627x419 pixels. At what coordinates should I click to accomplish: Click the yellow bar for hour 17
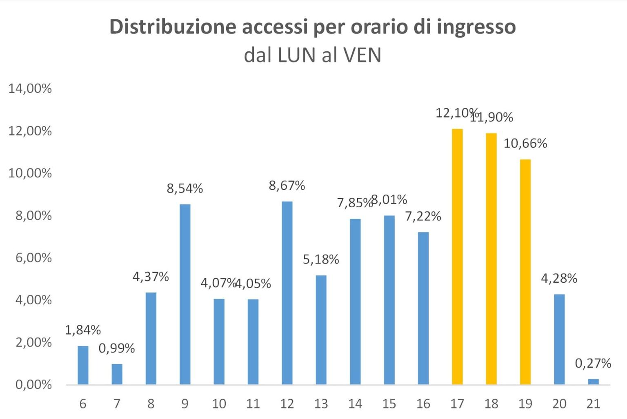coord(457,257)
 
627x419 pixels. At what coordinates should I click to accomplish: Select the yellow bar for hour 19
coord(525,272)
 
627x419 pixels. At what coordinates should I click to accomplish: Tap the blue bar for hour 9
coord(185,294)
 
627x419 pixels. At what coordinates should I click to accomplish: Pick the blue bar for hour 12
coord(287,293)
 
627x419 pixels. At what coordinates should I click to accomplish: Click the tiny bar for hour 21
coord(593,381)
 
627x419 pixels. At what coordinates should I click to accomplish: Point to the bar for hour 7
coord(117,374)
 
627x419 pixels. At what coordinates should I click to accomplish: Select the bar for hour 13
coord(321,330)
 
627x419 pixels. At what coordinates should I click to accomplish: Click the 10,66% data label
coord(525,144)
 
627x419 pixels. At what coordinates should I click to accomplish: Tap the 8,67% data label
coord(287,186)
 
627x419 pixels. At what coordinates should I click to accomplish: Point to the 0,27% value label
coord(593,364)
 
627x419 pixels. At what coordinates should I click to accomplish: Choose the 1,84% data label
coord(83,330)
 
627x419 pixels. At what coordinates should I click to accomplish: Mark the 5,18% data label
coord(321,259)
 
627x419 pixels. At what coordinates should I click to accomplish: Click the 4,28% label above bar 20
coord(559,279)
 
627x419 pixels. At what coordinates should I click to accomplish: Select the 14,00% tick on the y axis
coord(30,89)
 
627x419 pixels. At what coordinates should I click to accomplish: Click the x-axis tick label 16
coord(423,404)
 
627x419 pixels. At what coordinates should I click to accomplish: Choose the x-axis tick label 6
coord(83,404)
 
